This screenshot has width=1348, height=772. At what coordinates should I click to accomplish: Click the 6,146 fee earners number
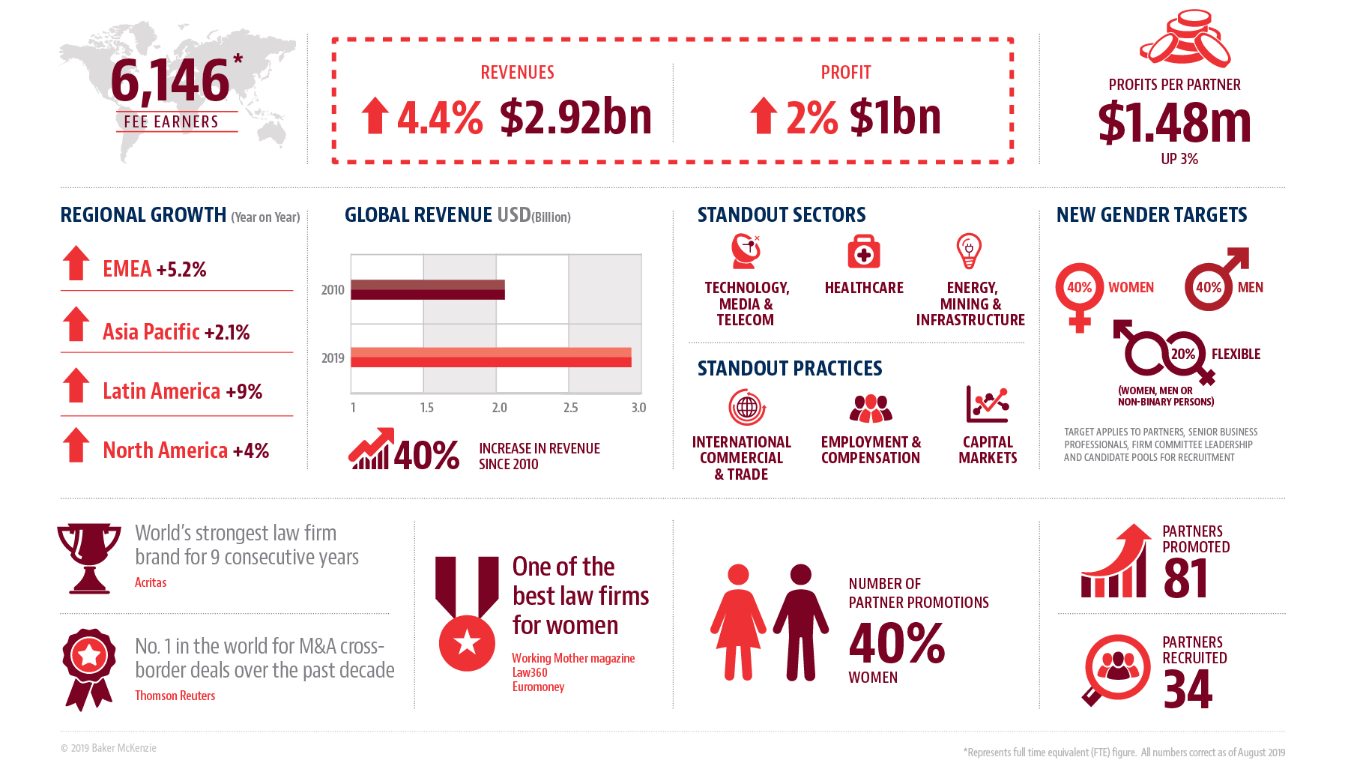(170, 81)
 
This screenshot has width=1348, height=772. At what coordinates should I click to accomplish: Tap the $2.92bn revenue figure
(575, 118)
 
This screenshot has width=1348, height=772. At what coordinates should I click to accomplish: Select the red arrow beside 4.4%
(375, 116)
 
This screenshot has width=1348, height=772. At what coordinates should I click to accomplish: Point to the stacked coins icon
(1185, 39)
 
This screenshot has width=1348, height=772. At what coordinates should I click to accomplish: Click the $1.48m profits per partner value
(1174, 123)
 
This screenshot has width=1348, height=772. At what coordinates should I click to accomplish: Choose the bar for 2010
(428, 289)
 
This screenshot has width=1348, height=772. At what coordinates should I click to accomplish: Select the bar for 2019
(491, 358)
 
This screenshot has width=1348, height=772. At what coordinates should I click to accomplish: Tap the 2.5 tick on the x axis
(571, 408)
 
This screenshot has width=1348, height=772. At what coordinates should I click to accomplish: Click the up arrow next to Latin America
(76, 385)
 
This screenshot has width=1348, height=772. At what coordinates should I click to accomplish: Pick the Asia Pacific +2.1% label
(176, 332)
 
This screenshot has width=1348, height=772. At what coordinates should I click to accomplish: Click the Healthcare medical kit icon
(864, 252)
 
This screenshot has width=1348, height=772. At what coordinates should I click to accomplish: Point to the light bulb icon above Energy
(969, 250)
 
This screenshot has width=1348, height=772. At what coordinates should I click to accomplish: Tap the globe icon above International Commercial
(747, 407)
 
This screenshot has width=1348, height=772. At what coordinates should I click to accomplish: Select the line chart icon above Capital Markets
(987, 405)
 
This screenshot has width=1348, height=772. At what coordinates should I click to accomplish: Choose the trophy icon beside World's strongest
(89, 558)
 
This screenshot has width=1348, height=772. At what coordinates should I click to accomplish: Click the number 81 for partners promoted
(1185, 579)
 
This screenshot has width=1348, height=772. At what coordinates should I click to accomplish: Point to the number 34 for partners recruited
(1188, 690)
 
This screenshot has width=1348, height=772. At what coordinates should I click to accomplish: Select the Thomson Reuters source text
(175, 696)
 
